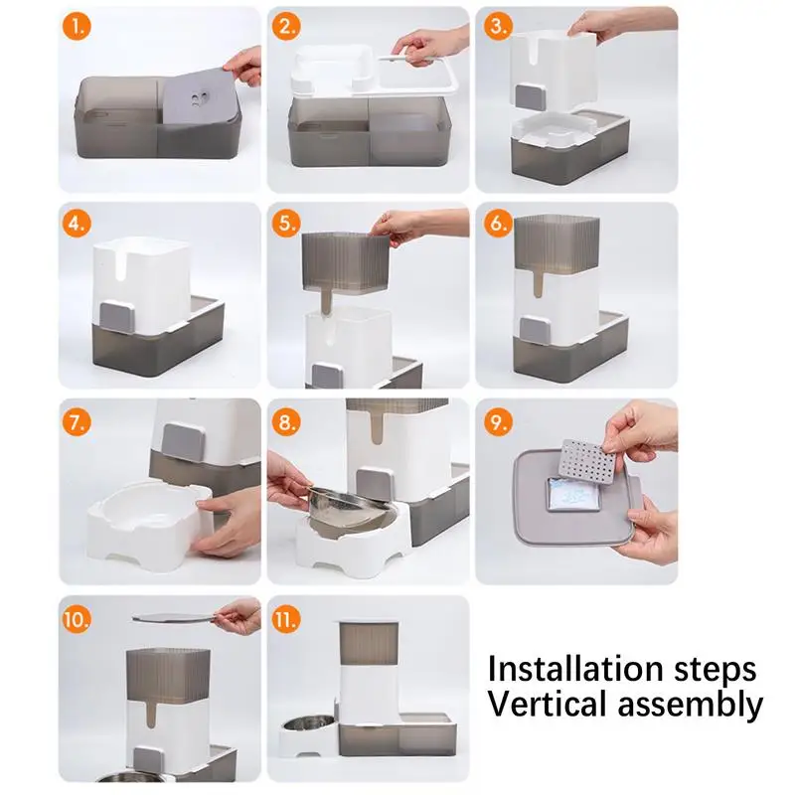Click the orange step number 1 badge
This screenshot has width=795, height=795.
click(77, 27)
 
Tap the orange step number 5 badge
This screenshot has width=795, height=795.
click(286, 223)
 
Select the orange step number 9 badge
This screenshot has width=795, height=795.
click(499, 421)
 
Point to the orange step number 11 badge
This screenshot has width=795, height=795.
click(286, 619)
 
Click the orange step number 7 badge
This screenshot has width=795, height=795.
click(77, 421)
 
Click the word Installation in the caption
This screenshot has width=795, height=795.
click(576, 669)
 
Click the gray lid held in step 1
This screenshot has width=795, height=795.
click(203, 96)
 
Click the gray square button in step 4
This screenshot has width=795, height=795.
click(117, 317)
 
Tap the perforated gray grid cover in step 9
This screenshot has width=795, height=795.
click(587, 461)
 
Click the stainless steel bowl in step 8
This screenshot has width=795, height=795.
click(350, 510)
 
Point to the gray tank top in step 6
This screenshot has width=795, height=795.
click(556, 242)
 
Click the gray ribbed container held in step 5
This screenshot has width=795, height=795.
click(346, 263)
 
